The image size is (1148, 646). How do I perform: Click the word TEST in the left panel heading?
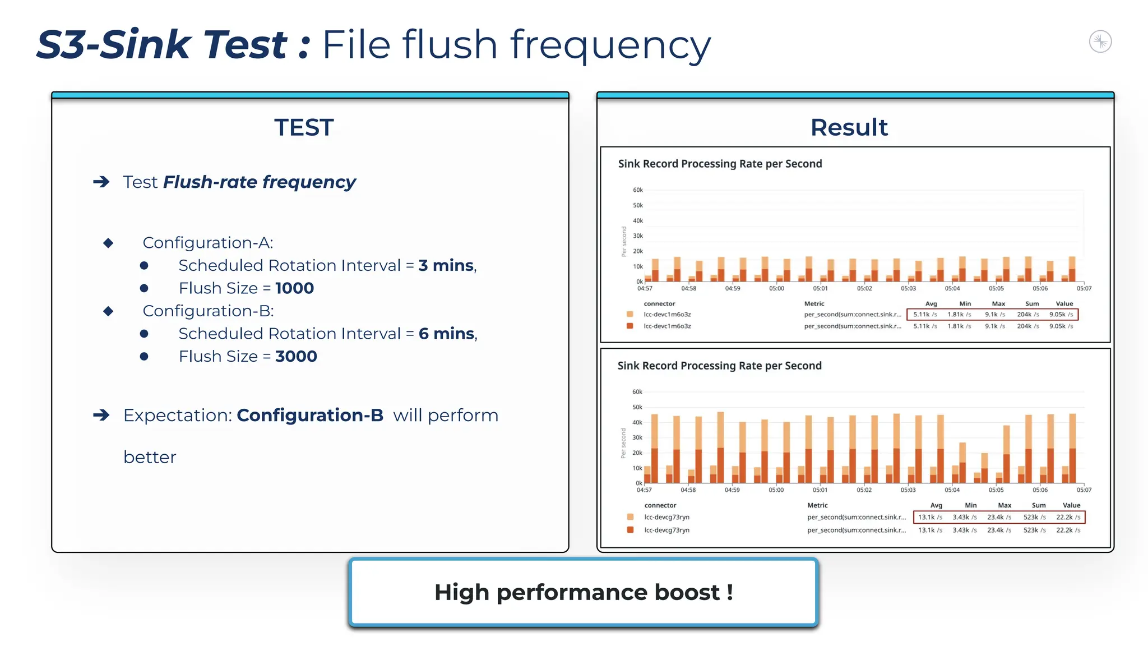pyautogui.click(x=304, y=128)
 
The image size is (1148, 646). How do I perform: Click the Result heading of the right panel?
pyautogui.click(x=849, y=128)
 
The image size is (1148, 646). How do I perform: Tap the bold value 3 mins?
pyautogui.click(x=446, y=265)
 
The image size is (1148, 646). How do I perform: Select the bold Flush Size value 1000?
pyautogui.click(x=294, y=288)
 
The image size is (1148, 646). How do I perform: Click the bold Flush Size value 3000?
pyautogui.click(x=296, y=357)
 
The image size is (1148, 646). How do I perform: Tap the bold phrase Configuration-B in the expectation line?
pyautogui.click(x=310, y=416)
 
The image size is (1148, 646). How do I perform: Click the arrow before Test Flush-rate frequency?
pyautogui.click(x=101, y=182)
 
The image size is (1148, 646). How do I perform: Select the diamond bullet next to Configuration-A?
pyautogui.click(x=109, y=243)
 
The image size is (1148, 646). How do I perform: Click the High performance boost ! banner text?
pyautogui.click(x=584, y=593)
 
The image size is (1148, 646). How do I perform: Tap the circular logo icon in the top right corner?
pyautogui.click(x=1100, y=41)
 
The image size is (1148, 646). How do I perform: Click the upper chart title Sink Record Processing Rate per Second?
pyautogui.click(x=720, y=164)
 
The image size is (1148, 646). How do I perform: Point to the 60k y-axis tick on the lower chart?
pyautogui.click(x=637, y=392)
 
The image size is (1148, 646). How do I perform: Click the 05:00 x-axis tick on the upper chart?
pyautogui.click(x=776, y=288)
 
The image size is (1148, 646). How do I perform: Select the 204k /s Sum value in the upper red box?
pyautogui.click(x=1027, y=315)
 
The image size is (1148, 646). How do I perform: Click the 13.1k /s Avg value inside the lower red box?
pyautogui.click(x=930, y=517)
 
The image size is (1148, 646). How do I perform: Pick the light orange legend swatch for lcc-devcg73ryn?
pyautogui.click(x=630, y=517)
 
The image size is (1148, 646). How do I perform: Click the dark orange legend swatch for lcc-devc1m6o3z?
pyautogui.click(x=630, y=326)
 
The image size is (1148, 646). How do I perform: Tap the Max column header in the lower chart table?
pyautogui.click(x=1004, y=505)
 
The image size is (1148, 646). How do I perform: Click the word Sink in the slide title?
pyautogui.click(x=146, y=45)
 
